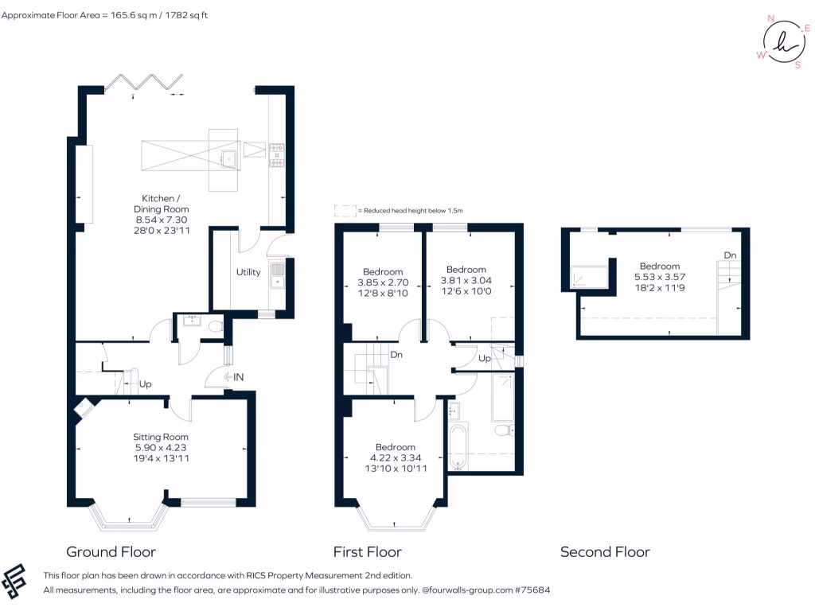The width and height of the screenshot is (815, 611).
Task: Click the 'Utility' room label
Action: [x=248, y=272]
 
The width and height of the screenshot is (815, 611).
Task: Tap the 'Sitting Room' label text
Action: [x=161, y=437]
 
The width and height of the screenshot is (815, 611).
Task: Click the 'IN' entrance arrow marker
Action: [x=234, y=376]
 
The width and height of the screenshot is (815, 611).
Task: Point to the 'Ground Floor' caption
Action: [x=111, y=551]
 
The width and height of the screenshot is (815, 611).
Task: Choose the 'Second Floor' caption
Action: [x=605, y=551]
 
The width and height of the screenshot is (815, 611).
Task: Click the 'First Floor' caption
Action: [x=367, y=551]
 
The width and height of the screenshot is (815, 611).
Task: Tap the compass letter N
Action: [x=770, y=18]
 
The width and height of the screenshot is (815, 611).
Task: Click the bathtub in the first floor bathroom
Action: [x=458, y=448]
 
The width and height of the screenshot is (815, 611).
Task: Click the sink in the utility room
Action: [x=277, y=274]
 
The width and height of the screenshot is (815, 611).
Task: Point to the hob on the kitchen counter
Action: [x=277, y=155]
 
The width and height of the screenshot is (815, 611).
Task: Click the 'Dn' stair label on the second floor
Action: [x=730, y=255]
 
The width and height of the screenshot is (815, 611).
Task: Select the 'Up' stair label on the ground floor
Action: [x=146, y=384]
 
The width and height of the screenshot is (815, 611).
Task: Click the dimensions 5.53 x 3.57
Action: [x=660, y=277]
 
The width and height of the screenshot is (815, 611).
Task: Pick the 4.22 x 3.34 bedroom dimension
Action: [x=395, y=457]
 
